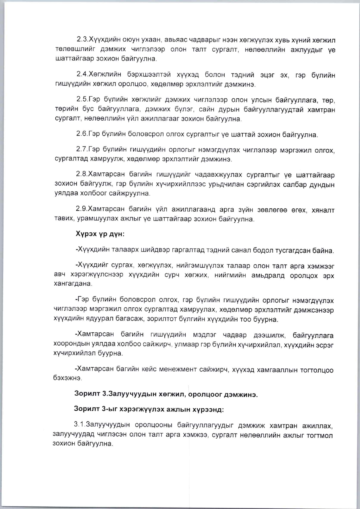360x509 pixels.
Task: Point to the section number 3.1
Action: point(79,424)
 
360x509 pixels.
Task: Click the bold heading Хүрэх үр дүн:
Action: point(100,234)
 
